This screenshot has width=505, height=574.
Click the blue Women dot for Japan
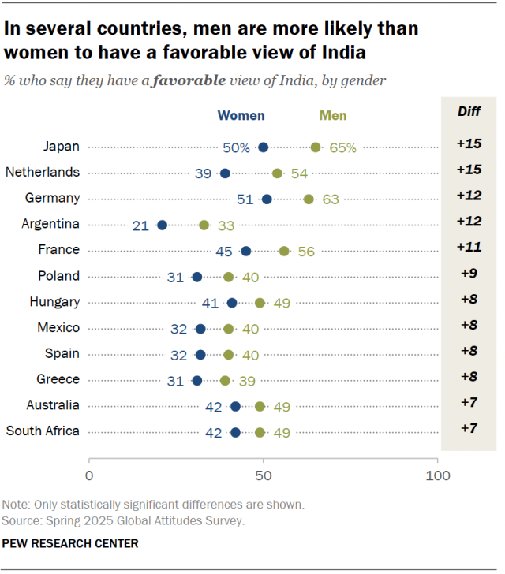coord(264,147)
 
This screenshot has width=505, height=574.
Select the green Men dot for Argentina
coord(204,225)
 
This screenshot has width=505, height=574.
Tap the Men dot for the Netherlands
coord(278,173)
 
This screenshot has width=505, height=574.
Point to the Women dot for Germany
coord(267,199)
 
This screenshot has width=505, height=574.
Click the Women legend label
coord(241,115)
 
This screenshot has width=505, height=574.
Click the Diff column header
coord(469,111)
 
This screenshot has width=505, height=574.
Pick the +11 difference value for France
coord(469,248)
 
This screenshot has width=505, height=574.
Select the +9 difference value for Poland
coord(469,274)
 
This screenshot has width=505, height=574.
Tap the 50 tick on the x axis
coord(264,475)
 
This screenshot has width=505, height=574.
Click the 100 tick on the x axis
coord(437,475)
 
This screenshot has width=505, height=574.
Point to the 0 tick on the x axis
coord(89,475)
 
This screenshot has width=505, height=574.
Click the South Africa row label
coord(43,431)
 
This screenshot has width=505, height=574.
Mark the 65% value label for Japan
coord(343,147)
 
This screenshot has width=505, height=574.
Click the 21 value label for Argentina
coord(141,225)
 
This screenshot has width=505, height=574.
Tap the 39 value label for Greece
coord(246,381)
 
